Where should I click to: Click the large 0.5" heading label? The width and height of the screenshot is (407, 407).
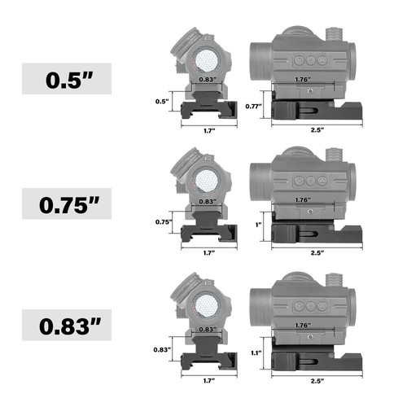click(69, 80)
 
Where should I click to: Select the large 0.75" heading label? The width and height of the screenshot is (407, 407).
click(69, 204)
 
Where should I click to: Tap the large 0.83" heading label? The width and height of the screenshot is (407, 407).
click(70, 326)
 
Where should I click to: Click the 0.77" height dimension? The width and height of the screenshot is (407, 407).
click(254, 106)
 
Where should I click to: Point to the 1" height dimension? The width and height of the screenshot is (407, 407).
click(258, 225)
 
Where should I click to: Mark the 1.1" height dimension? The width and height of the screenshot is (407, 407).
click(256, 352)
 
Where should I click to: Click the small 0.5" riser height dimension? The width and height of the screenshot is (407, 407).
click(162, 102)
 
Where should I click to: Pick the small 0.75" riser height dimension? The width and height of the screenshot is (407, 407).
click(164, 221)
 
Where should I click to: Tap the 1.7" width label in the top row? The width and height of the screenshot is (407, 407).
click(209, 131)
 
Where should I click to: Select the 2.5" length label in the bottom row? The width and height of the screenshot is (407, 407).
click(317, 381)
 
